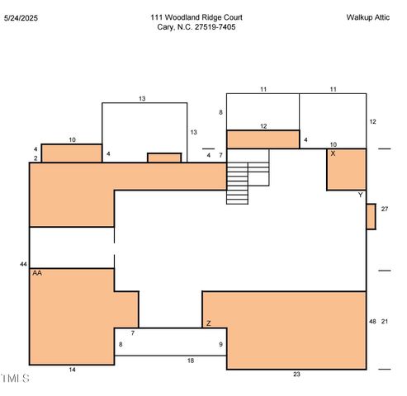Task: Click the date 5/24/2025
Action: click(x=21, y=18)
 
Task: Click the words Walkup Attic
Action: click(x=368, y=17)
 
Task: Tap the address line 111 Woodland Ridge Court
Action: click(x=196, y=17)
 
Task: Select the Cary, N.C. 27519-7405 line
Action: click(x=196, y=27)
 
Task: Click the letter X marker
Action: click(x=333, y=153)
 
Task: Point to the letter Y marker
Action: click(x=361, y=195)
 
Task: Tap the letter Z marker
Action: click(x=209, y=323)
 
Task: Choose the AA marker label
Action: click(x=37, y=273)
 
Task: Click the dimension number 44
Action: click(x=23, y=264)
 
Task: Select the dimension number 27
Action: click(x=385, y=209)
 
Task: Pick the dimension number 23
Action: click(x=296, y=374)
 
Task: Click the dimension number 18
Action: click(x=191, y=361)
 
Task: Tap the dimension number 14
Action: click(x=72, y=370)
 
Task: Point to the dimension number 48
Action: click(x=372, y=321)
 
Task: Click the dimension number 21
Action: click(x=385, y=321)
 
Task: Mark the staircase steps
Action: click(x=237, y=183)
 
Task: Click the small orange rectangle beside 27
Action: click(x=372, y=216)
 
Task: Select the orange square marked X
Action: click(x=347, y=169)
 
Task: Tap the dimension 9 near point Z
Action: click(x=220, y=344)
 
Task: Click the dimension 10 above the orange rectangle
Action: click(x=72, y=140)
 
